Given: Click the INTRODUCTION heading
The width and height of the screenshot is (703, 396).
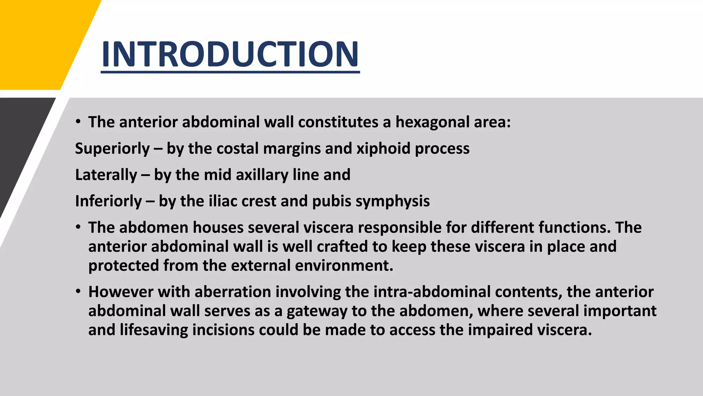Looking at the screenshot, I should pos(230,54).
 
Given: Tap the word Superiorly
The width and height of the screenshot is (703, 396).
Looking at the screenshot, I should pos(112,148).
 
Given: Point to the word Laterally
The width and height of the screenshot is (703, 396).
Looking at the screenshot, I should pos(106,175).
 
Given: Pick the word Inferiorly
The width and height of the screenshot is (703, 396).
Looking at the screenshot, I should pos(108,201).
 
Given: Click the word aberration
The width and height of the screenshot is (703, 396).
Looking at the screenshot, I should pos(233,292).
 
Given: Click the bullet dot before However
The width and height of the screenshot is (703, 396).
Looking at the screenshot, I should pos(79,292).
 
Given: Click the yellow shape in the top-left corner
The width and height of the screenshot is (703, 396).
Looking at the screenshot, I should pos(38,41).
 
